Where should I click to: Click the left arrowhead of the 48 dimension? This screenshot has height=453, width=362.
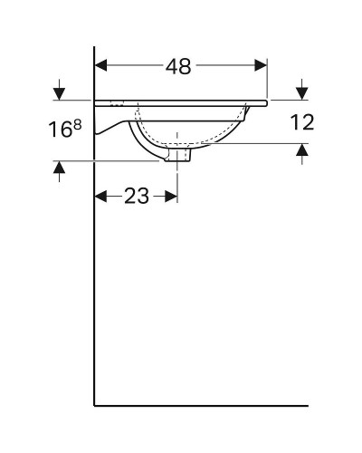click(x=102, y=65)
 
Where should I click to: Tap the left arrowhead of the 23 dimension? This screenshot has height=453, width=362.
click(x=102, y=196)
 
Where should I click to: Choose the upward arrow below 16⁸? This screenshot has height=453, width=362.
click(x=60, y=169)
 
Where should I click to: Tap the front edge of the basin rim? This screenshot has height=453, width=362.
click(x=266, y=102)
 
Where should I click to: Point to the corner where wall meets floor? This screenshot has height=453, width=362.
click(x=95, y=405)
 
